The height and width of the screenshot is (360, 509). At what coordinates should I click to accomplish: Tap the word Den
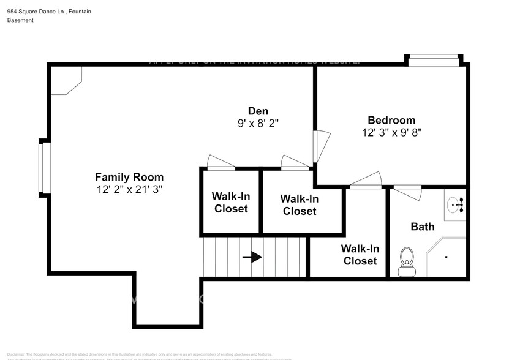click(x=258, y=111)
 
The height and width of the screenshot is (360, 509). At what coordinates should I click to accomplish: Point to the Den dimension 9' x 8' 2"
click(x=258, y=123)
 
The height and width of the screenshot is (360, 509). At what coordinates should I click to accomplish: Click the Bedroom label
click(x=391, y=120)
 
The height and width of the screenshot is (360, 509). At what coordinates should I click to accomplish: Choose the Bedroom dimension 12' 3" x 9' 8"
click(x=391, y=132)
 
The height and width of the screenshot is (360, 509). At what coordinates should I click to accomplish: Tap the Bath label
click(x=422, y=227)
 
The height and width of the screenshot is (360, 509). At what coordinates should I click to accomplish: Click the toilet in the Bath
click(x=405, y=261)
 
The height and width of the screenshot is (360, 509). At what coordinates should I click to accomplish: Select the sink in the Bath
click(x=454, y=204)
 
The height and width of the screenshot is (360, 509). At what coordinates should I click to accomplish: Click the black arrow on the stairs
click(x=252, y=257)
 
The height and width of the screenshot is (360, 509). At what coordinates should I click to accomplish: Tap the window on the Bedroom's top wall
click(x=433, y=59)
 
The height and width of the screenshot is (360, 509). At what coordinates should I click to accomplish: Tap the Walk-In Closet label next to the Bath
click(x=360, y=255)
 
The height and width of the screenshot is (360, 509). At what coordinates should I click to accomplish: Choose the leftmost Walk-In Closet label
click(x=230, y=203)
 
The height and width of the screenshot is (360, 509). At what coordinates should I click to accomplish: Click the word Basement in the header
click(x=20, y=20)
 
